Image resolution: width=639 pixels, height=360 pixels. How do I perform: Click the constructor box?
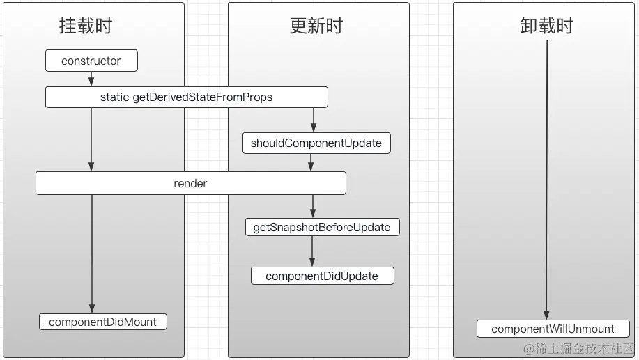pyautogui.click(x=91, y=61)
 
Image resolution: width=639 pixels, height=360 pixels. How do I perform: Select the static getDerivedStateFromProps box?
pyautogui.click(x=186, y=97)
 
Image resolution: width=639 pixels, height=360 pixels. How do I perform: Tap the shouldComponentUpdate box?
pyautogui.click(x=316, y=143)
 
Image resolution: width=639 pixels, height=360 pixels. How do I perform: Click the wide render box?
pyautogui.click(x=190, y=184)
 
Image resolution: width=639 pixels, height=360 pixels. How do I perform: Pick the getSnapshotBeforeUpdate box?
pyautogui.click(x=322, y=227)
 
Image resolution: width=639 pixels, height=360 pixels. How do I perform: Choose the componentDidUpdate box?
pyautogui.click(x=322, y=276)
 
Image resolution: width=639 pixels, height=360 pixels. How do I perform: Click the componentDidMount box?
pyautogui.click(x=103, y=322)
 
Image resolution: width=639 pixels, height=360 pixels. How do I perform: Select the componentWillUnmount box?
pyautogui.click(x=553, y=329)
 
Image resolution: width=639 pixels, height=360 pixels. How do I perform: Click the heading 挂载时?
pyautogui.click(x=85, y=26)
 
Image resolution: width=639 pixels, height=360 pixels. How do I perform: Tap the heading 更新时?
pyautogui.click(x=316, y=26)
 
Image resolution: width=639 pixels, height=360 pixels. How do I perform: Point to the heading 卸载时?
pyautogui.click(x=546, y=26)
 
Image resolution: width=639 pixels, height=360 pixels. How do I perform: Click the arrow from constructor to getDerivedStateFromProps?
pyautogui.click(x=91, y=79)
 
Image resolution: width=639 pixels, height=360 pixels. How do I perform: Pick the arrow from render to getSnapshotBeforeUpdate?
pyautogui.click(x=313, y=206)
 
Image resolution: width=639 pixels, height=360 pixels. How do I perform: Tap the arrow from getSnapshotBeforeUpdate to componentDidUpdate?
pyautogui.click(x=312, y=251)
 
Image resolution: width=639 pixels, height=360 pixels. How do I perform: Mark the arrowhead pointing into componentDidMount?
pyautogui.click(x=91, y=308)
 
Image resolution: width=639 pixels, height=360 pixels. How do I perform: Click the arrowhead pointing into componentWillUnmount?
pyautogui.click(x=546, y=315)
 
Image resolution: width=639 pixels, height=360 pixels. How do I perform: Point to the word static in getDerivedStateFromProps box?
pyautogui.click(x=114, y=97)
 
